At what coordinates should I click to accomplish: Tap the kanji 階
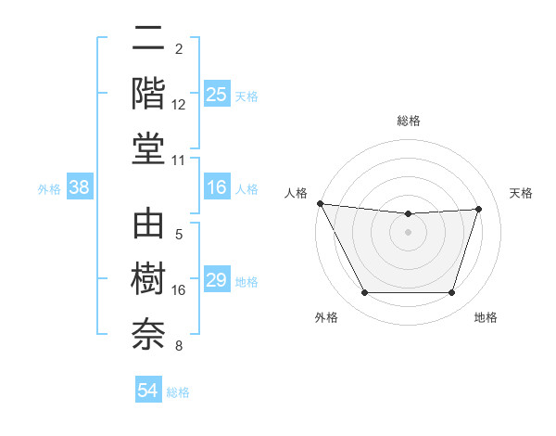tap(148, 93)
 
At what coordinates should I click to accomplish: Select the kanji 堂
tap(148, 146)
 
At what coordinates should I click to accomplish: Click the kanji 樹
tap(148, 281)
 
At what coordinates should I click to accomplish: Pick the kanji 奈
tap(148, 334)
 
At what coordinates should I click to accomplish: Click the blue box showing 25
tap(217, 95)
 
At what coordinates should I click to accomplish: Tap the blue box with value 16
tap(217, 187)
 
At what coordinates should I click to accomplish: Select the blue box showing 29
tap(217, 280)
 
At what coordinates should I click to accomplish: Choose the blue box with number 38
tap(80, 187)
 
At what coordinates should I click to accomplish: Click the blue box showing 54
tap(148, 391)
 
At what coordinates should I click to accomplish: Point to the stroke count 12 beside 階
tap(179, 104)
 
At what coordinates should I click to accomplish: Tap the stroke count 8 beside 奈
tap(179, 347)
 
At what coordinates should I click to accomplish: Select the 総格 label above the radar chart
tap(408, 121)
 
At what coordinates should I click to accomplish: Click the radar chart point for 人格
tap(320, 203)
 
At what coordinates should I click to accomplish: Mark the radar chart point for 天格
tap(478, 209)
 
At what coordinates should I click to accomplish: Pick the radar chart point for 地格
tap(451, 293)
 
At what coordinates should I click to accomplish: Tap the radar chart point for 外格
tap(364, 293)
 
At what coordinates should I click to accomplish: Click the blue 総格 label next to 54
tap(178, 391)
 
